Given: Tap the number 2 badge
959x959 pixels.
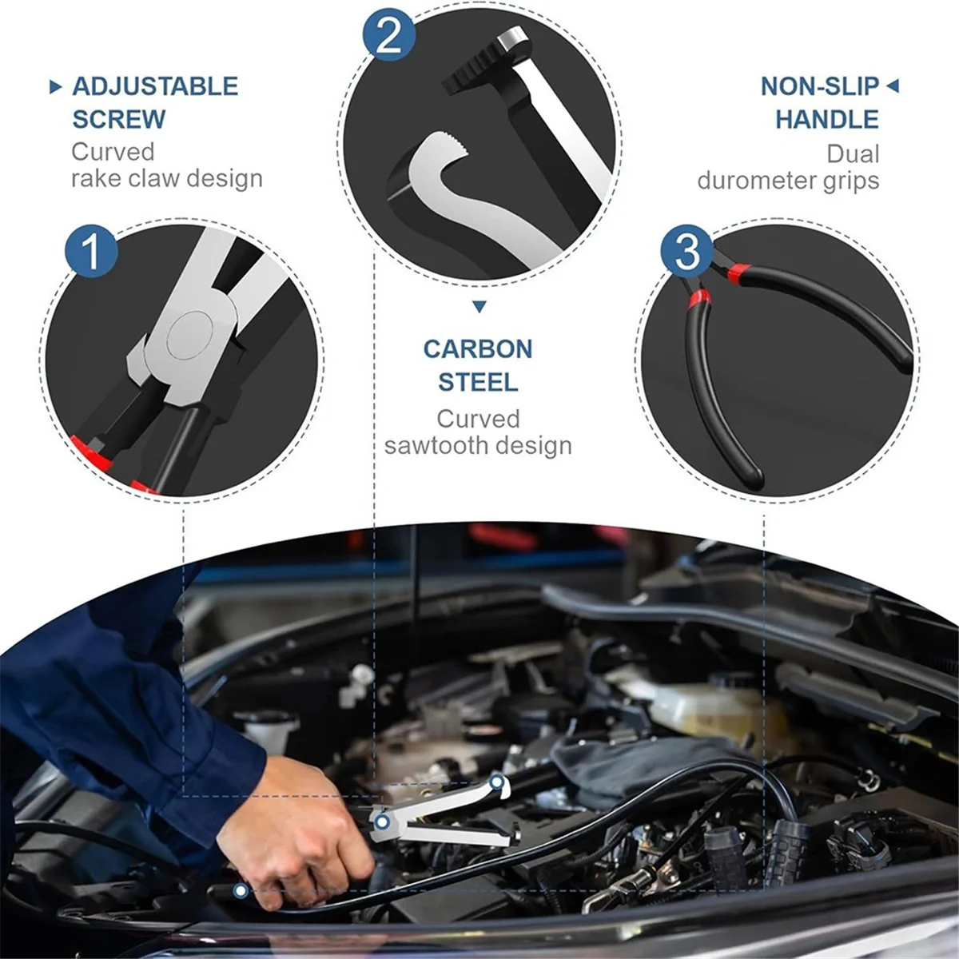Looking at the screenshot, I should point(389,35).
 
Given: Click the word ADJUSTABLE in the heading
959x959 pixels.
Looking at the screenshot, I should point(155,86).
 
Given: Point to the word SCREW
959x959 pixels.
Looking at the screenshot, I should point(119,119).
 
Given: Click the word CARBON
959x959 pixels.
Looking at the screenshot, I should point(478,349).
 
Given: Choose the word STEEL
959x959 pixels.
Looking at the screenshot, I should point(478,382).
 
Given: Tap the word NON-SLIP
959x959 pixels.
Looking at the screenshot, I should point(819,86).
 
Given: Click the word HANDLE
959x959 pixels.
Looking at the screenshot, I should point(826,119).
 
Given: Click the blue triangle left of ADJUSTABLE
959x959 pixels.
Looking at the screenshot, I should point(55,86).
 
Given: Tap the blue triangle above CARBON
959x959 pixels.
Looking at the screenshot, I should point(479,306).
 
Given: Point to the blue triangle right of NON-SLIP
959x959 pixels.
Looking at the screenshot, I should point(893,85).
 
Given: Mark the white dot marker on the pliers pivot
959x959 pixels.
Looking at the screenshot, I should point(384,821).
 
